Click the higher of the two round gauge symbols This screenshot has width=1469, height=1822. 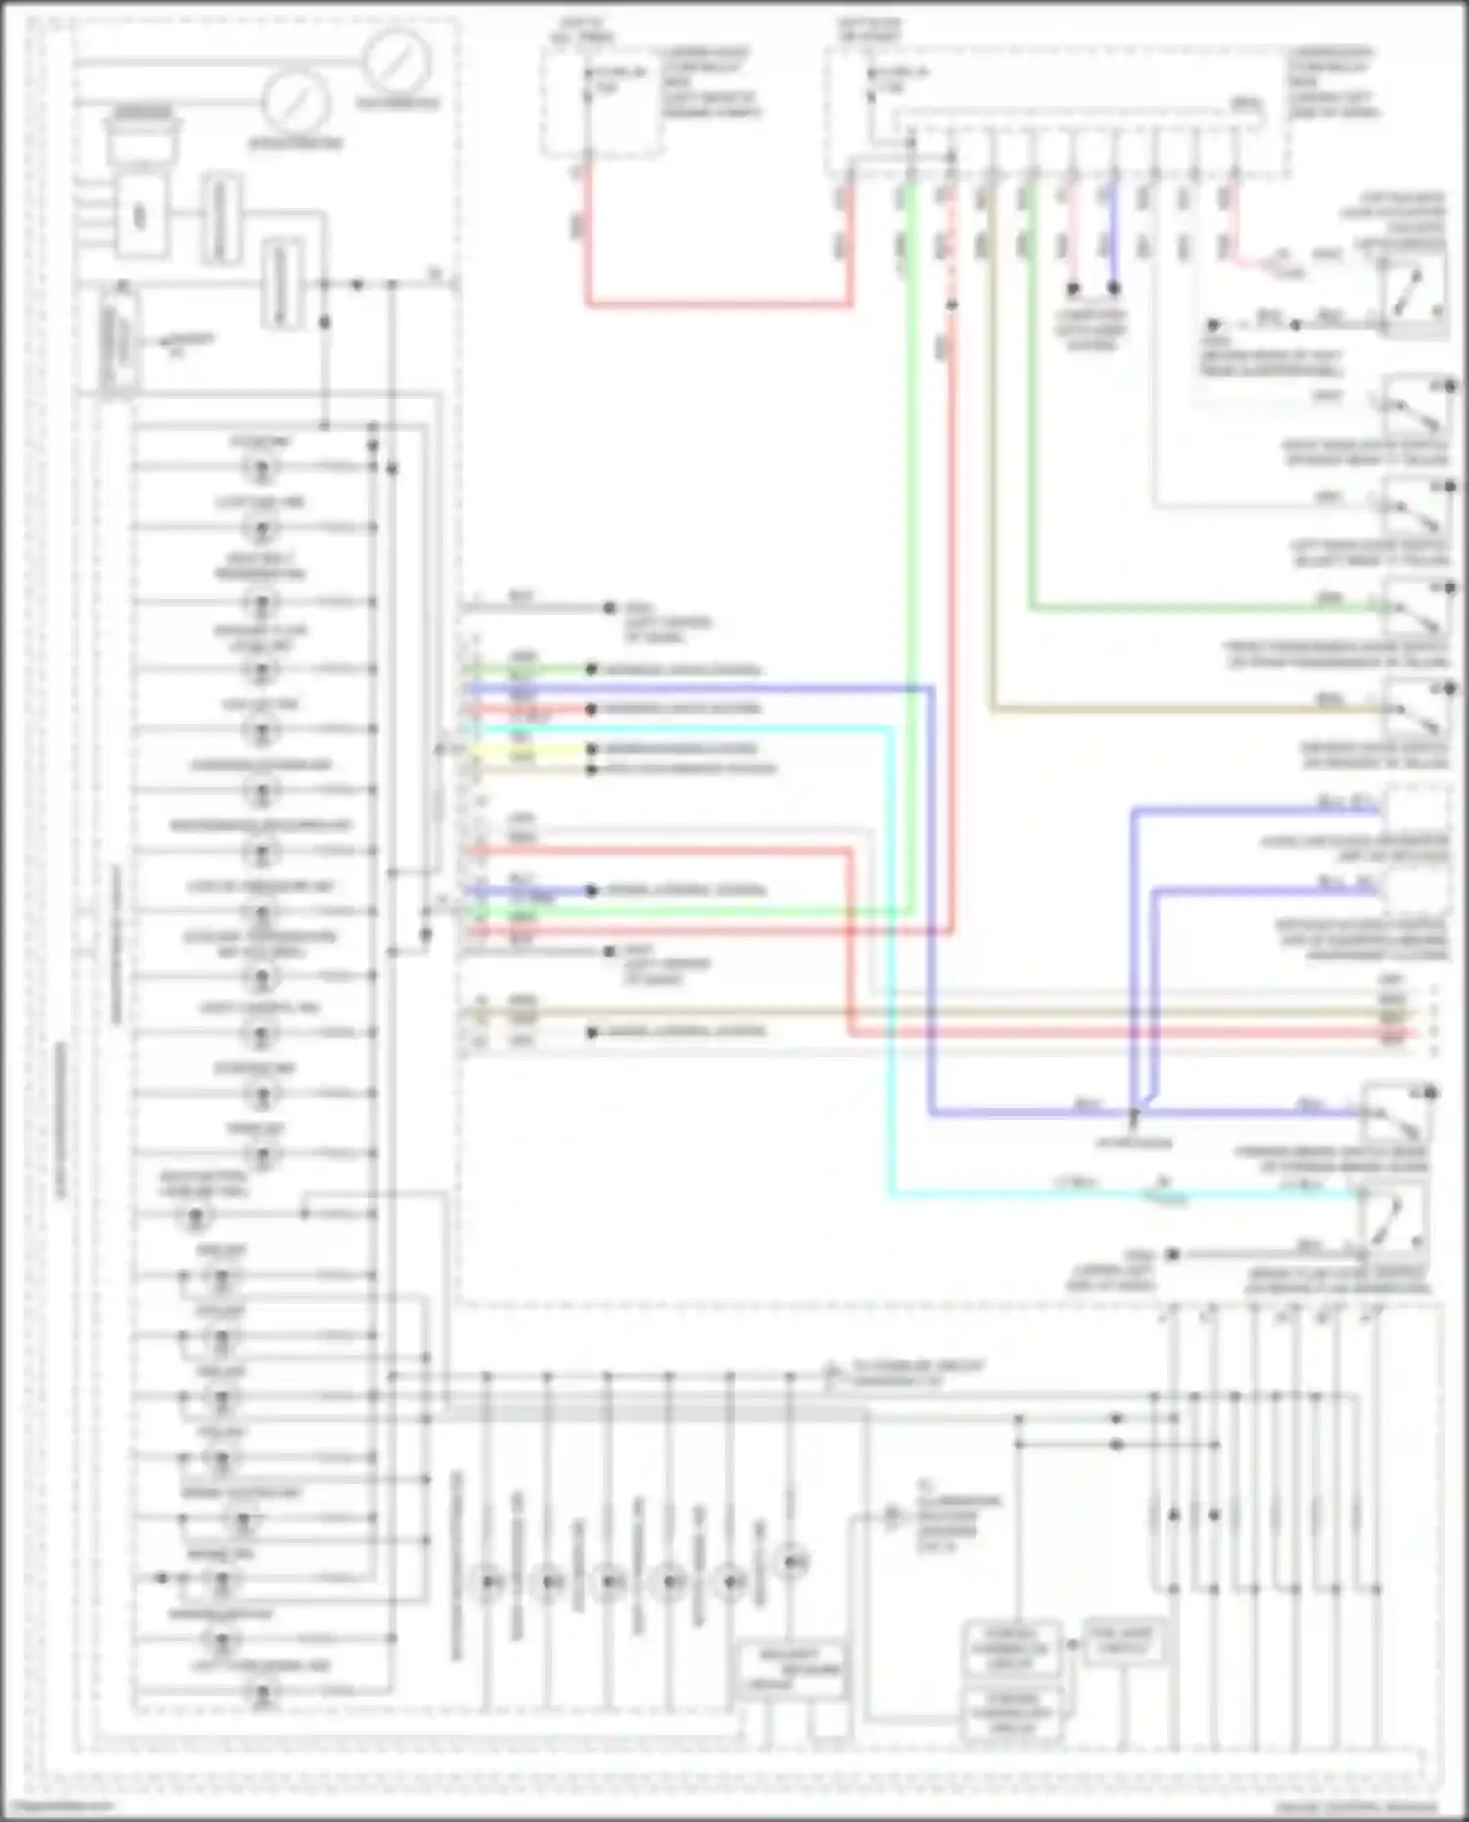[396, 62]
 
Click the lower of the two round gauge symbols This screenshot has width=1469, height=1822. [295, 103]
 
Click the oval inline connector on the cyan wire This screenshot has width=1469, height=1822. [1163, 1195]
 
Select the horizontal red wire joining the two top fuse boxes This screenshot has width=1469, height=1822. [720, 305]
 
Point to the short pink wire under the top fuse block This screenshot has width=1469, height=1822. [1072, 235]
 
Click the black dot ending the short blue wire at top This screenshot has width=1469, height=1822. [1114, 289]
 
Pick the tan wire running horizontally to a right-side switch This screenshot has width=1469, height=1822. [1175, 708]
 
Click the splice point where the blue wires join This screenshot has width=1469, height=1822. [1134, 1113]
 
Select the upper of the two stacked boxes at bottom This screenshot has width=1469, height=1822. [1010, 1648]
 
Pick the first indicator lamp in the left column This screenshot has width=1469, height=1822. [261, 468]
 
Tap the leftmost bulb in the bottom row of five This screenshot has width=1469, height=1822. [488, 1581]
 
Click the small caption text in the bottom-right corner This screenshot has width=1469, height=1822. [1356, 1808]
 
